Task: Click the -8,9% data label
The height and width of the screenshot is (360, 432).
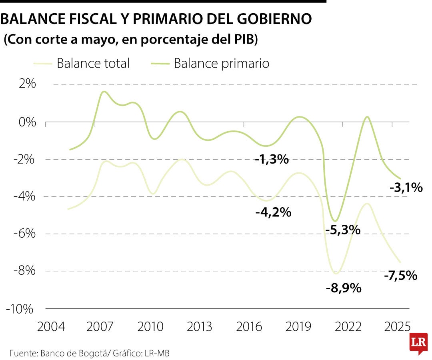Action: (x=344, y=288)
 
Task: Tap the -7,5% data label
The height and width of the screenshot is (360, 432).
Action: (x=400, y=276)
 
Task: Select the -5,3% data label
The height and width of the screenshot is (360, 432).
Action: (x=343, y=230)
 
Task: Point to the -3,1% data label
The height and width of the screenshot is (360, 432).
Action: (x=406, y=187)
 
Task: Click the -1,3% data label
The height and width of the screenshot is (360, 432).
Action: (x=272, y=160)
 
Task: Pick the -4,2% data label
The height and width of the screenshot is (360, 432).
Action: (x=273, y=212)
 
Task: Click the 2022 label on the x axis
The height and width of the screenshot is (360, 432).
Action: (x=348, y=326)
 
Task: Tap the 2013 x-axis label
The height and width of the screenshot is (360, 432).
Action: (x=199, y=326)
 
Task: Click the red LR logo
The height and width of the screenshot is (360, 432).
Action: (x=418, y=343)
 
